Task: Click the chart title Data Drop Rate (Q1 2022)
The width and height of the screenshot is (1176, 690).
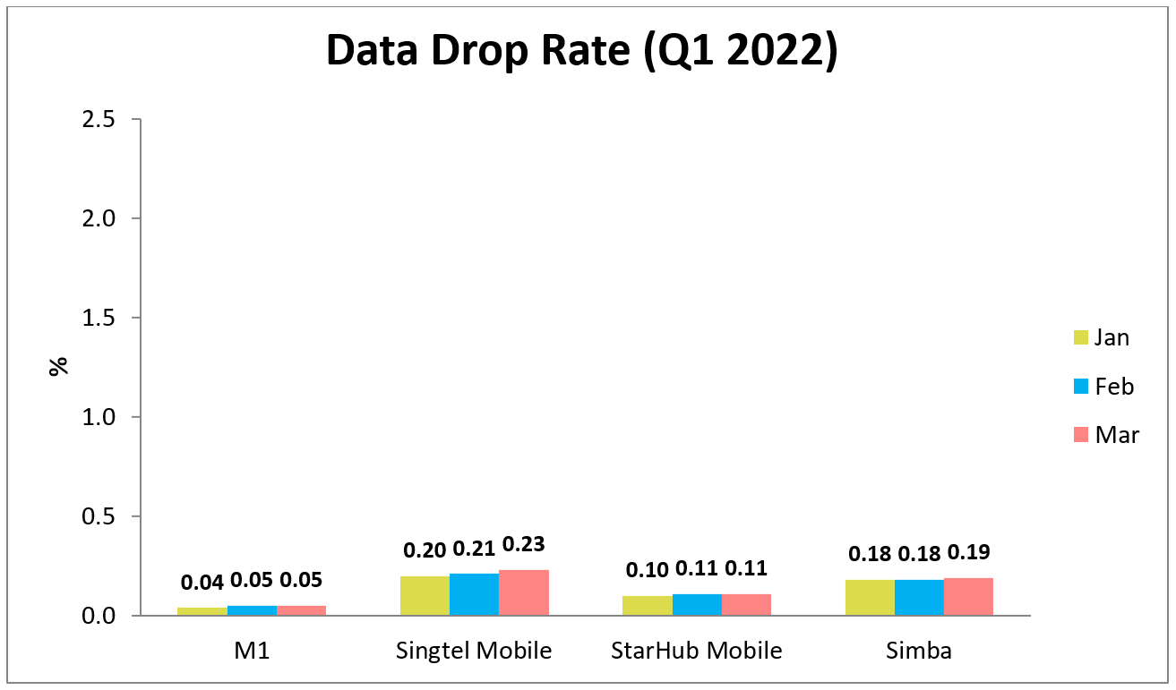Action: [582, 51]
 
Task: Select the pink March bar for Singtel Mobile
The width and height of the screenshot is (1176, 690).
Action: [524, 592]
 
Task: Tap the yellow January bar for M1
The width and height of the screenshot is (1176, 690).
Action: [202, 611]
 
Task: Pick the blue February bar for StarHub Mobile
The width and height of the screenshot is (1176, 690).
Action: [697, 604]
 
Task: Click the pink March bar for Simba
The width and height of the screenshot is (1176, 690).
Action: [968, 596]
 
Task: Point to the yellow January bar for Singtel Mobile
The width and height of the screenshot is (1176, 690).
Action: [425, 595]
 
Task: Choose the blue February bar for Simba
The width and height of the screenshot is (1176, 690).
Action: [919, 597]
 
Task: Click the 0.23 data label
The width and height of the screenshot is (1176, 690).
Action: [524, 544]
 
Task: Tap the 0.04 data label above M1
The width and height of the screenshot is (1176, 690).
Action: [202, 582]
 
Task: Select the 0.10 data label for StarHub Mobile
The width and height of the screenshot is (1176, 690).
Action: [648, 569]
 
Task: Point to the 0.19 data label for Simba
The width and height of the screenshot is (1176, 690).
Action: [969, 552]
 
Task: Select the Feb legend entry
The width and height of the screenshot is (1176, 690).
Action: [1103, 386]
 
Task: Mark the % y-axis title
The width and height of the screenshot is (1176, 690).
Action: [59, 366]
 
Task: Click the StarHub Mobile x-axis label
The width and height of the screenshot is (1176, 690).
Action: [696, 651]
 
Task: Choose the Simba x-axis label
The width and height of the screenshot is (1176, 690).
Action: [919, 651]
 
